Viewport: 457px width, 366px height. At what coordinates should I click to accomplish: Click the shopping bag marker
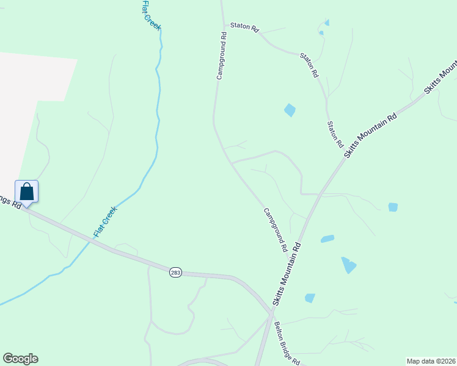pos(27,191)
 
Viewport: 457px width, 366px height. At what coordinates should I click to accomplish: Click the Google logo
pos(20,359)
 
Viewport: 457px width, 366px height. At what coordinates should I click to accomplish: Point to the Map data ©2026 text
pos(430,361)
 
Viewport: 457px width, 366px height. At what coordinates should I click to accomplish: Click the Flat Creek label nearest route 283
pos(104,221)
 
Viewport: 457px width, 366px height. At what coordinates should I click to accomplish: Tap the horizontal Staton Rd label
pos(244,27)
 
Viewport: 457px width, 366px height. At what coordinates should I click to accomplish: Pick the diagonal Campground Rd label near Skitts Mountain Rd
pos(276,231)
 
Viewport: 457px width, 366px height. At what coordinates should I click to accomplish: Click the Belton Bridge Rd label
pos(287,343)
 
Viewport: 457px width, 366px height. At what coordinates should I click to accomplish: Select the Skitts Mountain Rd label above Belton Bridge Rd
pos(287,275)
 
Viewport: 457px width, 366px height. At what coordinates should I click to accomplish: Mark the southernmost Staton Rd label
pos(335,134)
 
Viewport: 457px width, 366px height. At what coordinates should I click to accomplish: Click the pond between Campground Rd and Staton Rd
pos(290,110)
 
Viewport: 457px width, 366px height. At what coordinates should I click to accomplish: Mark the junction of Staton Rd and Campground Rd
pos(222,24)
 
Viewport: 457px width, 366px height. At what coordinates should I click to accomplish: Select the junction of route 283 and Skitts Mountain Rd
pos(270,314)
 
